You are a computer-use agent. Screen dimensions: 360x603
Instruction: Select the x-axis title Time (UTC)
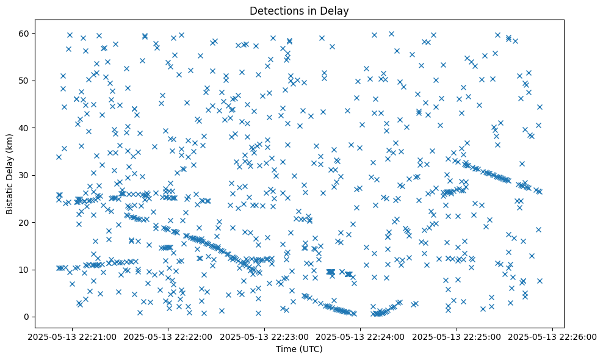click(299, 349)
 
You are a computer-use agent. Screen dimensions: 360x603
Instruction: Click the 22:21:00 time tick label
click(72, 336)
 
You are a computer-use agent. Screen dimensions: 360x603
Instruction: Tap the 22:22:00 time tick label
click(168, 336)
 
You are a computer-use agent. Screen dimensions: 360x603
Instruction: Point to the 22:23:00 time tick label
click(264, 336)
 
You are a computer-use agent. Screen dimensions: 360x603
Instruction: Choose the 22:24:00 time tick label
click(361, 336)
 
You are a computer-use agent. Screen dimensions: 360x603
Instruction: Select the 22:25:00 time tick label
click(457, 336)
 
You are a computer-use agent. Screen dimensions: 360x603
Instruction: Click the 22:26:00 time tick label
click(553, 336)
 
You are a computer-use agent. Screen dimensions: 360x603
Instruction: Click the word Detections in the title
click(278, 10)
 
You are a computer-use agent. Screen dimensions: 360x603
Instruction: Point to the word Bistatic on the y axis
click(10, 196)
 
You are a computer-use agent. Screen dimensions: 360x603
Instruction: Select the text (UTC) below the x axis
click(311, 349)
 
